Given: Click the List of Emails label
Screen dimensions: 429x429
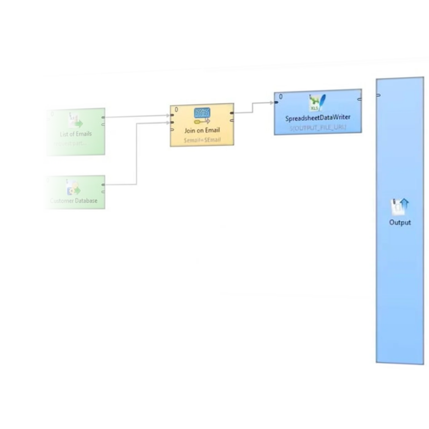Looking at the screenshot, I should (x=76, y=134).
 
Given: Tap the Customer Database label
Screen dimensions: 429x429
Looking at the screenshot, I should (x=74, y=201).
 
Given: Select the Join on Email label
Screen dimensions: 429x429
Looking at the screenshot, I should (x=202, y=130).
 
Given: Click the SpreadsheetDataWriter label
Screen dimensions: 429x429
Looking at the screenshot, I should (x=318, y=118).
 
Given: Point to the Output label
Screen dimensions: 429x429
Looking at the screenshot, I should (x=400, y=223).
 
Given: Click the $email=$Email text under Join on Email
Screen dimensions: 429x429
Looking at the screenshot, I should (x=202, y=140).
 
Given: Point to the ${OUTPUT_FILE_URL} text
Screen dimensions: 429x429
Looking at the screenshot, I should (x=318, y=128).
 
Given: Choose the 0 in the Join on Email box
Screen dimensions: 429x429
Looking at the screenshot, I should (x=176, y=110).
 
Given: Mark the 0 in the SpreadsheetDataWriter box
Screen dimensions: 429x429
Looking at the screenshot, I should (x=281, y=97).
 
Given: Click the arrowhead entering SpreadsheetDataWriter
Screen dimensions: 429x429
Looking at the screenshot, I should (x=271, y=103).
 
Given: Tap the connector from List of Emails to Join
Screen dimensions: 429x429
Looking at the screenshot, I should (x=137, y=116).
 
